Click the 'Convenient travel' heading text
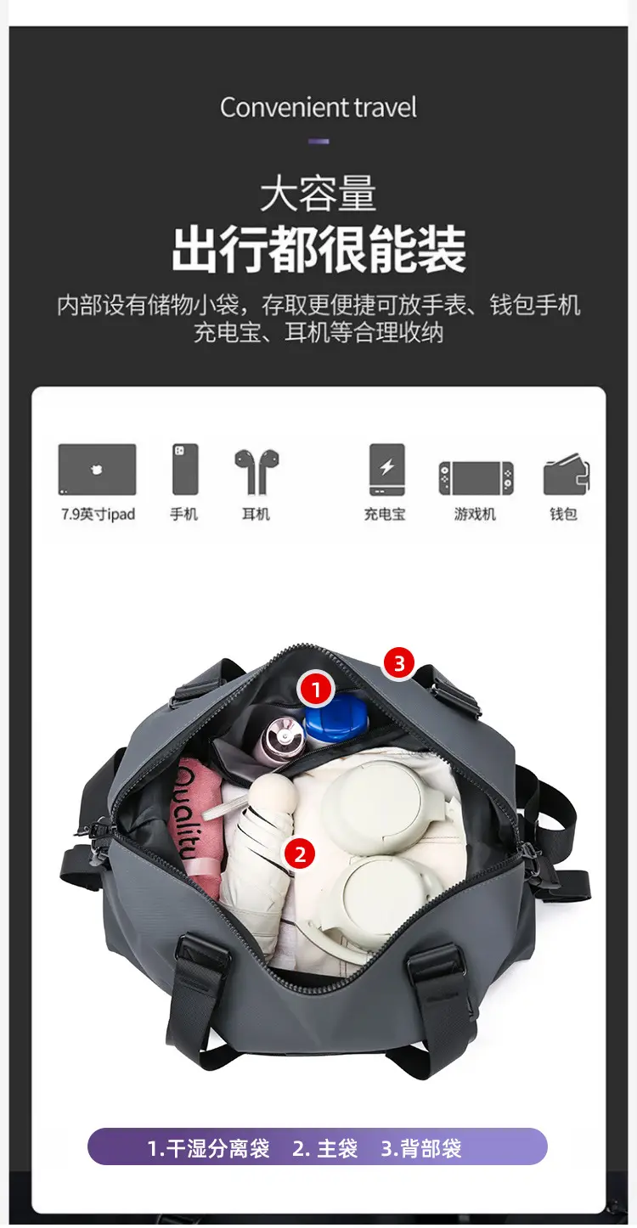318,108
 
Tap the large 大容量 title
318,193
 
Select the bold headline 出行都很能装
318,249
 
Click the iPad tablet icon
97,470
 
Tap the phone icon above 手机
185,470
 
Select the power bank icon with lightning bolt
387,470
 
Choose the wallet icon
566,474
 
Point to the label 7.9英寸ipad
99,515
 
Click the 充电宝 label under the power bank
385,515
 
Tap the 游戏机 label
475,515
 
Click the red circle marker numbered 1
316,689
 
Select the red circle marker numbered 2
300,853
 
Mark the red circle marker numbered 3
399,662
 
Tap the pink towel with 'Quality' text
194,822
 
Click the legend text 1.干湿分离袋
208,1148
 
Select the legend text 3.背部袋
421,1148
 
